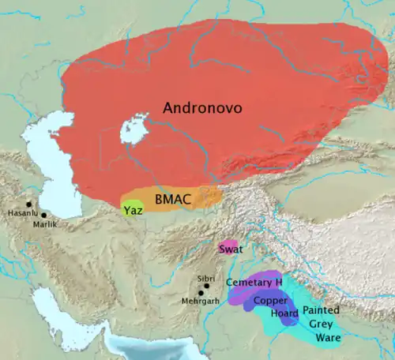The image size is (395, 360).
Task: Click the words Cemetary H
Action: tap(254, 283)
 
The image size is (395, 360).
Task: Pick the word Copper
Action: tap(272, 301)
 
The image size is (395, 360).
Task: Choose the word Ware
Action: tap(328, 337)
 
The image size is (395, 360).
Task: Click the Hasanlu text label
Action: tap(21, 213)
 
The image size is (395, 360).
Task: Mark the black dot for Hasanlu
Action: tap(28, 204)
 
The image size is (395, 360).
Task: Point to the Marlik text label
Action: tap(44, 224)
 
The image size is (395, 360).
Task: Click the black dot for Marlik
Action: tap(43, 215)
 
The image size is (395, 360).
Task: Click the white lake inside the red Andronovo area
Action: tap(135, 129)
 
